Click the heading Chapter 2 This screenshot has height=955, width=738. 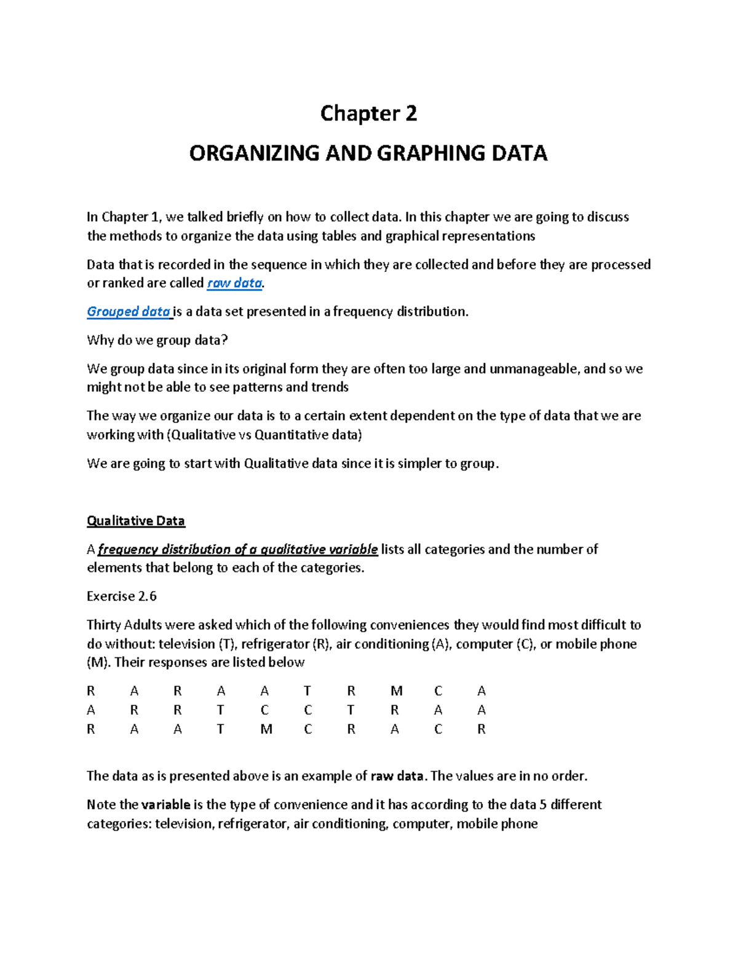[368, 114]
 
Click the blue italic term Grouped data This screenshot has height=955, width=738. [129, 312]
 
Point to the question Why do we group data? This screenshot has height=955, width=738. [157, 340]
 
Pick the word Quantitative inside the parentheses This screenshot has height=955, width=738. [292, 435]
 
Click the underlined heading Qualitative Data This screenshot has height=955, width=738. [136, 521]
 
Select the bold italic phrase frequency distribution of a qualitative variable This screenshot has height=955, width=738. [237, 550]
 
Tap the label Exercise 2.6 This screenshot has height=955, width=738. [122, 596]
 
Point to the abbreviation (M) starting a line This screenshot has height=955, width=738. [98, 663]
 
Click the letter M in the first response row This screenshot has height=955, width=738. [395, 691]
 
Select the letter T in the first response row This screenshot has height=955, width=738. [307, 691]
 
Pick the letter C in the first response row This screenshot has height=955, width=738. [438, 691]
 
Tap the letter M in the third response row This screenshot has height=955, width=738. [266, 729]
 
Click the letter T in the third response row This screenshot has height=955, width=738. [220, 729]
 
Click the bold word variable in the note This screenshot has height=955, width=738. [165, 805]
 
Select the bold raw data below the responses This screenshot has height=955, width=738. [397, 776]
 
